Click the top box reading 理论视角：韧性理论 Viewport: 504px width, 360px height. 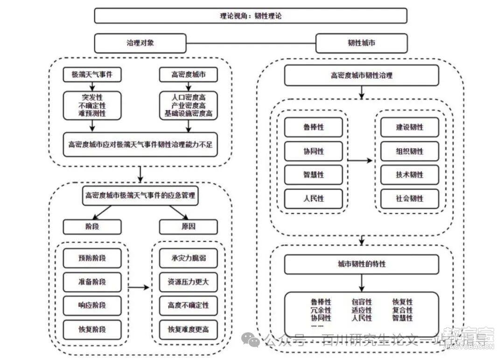[251, 15]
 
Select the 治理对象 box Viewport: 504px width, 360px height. [140, 43]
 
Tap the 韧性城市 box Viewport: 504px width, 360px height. [361, 43]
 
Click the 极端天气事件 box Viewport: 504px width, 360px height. [92, 75]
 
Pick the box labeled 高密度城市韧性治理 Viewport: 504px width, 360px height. [361, 75]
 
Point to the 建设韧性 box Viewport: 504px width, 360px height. [409, 127]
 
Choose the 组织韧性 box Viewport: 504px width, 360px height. [409, 151]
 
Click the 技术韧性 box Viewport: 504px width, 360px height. [409, 175]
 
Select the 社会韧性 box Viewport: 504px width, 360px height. [409, 199]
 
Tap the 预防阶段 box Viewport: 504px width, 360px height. [92, 258]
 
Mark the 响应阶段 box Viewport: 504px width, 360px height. [92, 305]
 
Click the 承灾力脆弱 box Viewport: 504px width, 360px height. [188, 258]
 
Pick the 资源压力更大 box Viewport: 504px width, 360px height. [188, 282]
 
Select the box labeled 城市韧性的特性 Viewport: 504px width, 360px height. [361, 264]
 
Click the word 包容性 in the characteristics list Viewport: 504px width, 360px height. [362, 302]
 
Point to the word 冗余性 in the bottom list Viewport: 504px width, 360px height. [321, 310]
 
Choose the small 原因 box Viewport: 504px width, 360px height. [188, 227]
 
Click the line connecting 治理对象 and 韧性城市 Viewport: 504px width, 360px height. [251, 43]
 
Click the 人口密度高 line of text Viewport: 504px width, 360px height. [188, 97]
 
